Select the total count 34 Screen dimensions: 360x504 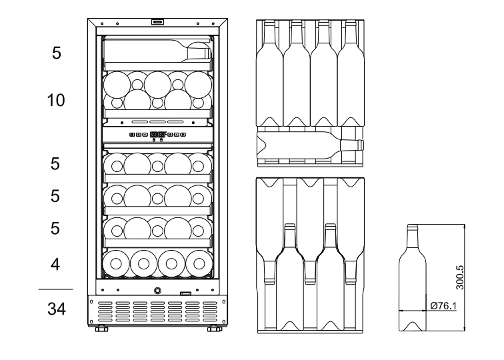click(x=57, y=309)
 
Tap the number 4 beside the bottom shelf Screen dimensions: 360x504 click(x=57, y=265)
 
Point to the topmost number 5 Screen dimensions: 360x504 click(x=57, y=53)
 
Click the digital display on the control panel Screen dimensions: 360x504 click(x=158, y=135)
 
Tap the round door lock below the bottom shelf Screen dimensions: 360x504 click(x=158, y=291)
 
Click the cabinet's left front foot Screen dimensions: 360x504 click(x=101, y=329)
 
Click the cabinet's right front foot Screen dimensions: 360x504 click(x=215, y=329)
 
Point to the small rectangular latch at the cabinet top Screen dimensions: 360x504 click(x=158, y=23)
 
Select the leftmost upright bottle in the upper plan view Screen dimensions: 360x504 click(x=269, y=73)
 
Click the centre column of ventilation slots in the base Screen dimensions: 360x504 click(x=158, y=311)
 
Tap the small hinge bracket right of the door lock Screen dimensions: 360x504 click(x=186, y=293)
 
